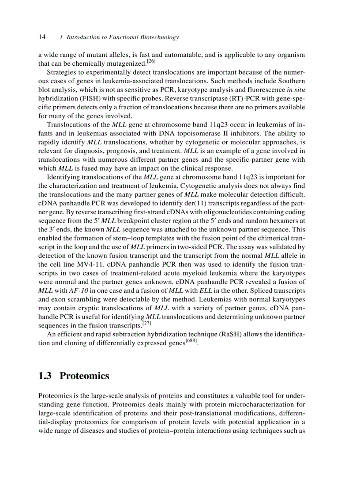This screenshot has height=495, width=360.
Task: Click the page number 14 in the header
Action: [42, 37]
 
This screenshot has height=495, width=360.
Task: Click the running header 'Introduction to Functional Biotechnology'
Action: [122, 37]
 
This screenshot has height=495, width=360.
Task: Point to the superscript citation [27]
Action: [147, 324]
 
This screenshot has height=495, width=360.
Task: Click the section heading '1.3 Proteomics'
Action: [74, 376]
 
